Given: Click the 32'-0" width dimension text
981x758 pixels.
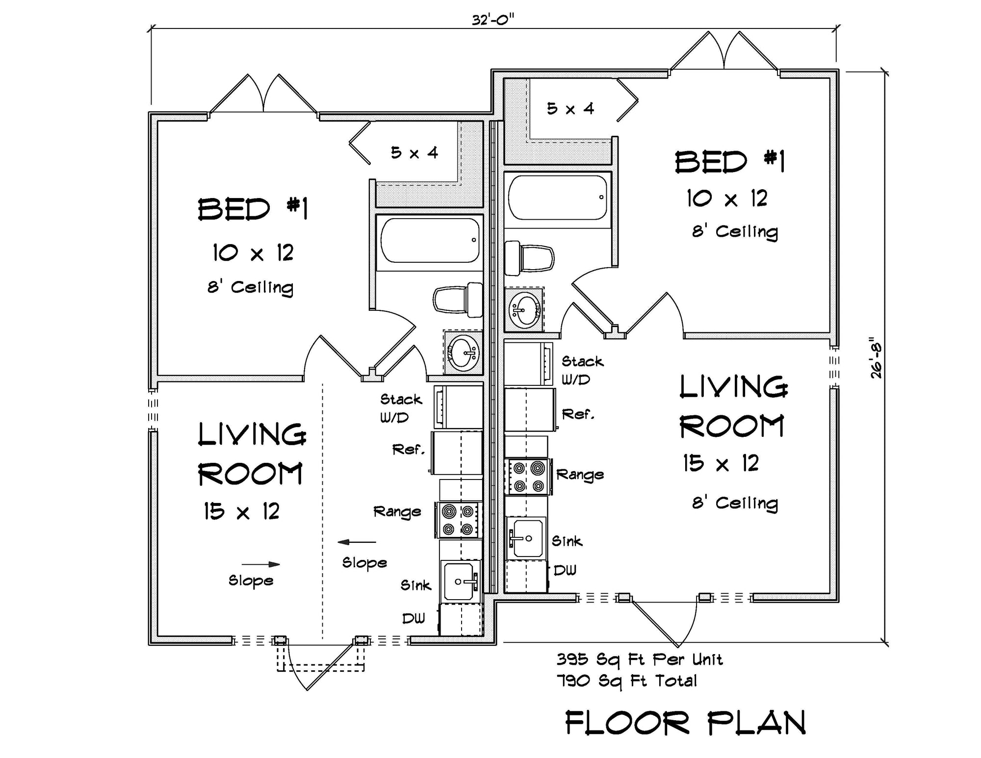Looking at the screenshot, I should (x=492, y=20).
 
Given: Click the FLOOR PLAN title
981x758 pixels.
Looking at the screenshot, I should (x=685, y=723).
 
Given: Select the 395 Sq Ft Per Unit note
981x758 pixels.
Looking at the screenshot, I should (x=639, y=659).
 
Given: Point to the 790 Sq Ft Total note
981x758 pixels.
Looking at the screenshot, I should (x=626, y=681).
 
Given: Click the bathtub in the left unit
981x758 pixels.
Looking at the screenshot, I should (x=429, y=241).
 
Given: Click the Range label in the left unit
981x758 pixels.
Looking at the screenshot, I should (x=397, y=512).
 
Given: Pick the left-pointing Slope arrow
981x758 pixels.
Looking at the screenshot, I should (x=357, y=542).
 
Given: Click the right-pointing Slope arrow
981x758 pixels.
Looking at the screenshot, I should (x=260, y=564).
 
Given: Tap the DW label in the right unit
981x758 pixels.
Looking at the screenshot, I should (x=565, y=570).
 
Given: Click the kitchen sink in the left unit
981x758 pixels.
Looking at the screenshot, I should (x=459, y=581).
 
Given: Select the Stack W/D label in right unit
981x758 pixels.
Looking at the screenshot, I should (x=582, y=370).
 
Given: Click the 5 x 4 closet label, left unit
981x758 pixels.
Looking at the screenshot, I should (x=414, y=153).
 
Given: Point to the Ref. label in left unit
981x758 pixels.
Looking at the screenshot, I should (x=408, y=450).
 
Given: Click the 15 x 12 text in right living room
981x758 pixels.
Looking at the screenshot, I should (x=721, y=463).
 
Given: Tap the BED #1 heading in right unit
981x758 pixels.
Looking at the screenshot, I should (x=729, y=162).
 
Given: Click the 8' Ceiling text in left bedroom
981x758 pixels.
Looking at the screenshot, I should (x=250, y=287).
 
